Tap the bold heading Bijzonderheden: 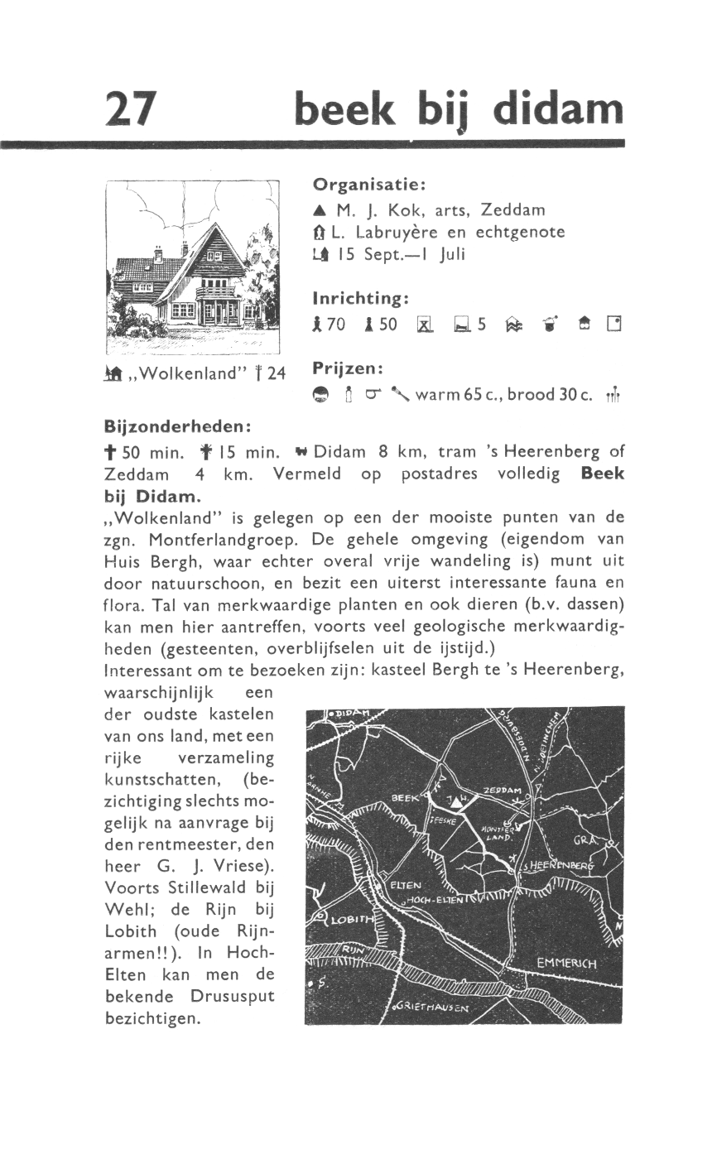pyautogui.click(x=177, y=426)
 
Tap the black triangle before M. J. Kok pyautogui.click(x=320, y=210)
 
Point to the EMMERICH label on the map pyautogui.click(x=566, y=964)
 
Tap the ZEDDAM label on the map pyautogui.click(x=502, y=791)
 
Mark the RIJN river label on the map pyautogui.click(x=354, y=950)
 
